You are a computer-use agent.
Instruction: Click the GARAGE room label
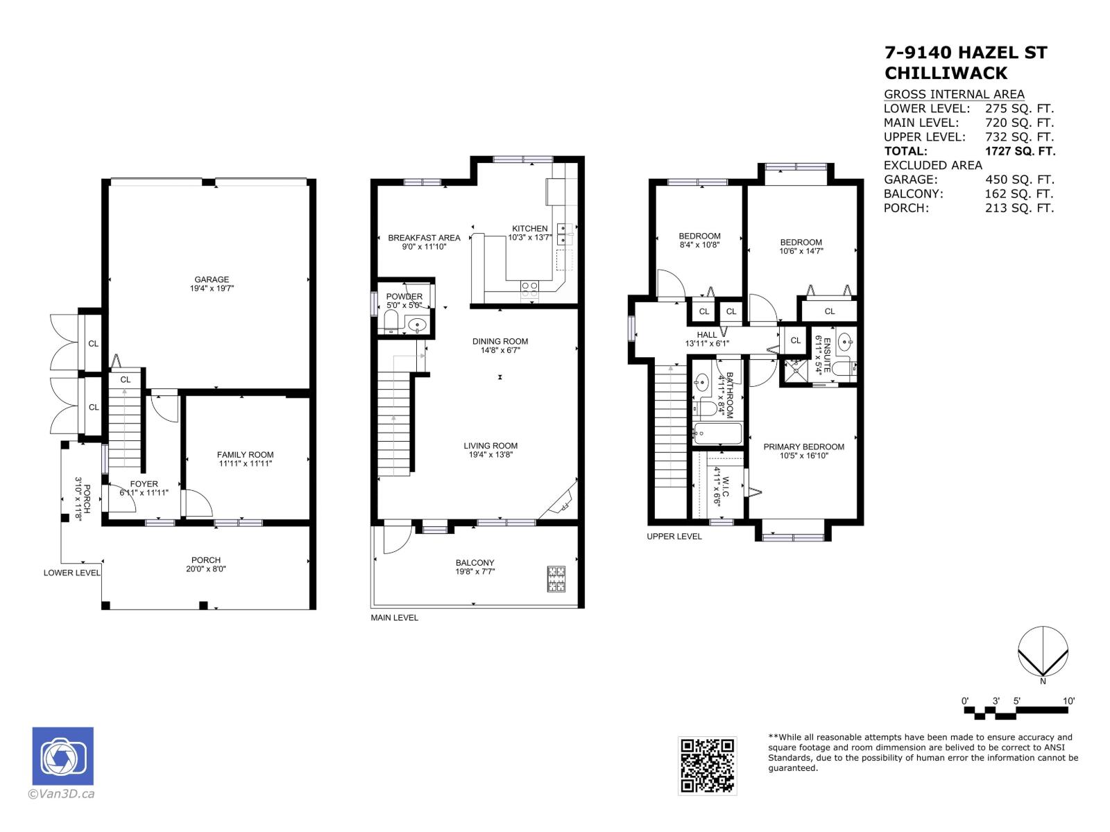(x=212, y=280)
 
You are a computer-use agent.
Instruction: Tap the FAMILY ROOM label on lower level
(x=245, y=455)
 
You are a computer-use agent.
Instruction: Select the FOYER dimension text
(x=144, y=493)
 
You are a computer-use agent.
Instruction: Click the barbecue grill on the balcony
(x=557, y=579)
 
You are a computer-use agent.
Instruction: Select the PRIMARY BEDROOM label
(x=803, y=447)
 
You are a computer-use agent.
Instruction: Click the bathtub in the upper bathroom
(x=718, y=434)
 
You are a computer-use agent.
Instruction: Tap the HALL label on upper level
(x=707, y=335)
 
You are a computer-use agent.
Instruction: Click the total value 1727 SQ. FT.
(x=1019, y=151)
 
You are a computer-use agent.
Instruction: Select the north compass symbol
(x=1043, y=652)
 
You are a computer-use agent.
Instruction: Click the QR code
(x=707, y=765)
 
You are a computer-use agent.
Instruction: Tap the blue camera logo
(x=63, y=756)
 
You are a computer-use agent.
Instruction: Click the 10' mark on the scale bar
(x=1068, y=702)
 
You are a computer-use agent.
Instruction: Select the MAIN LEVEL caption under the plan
(x=394, y=618)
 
